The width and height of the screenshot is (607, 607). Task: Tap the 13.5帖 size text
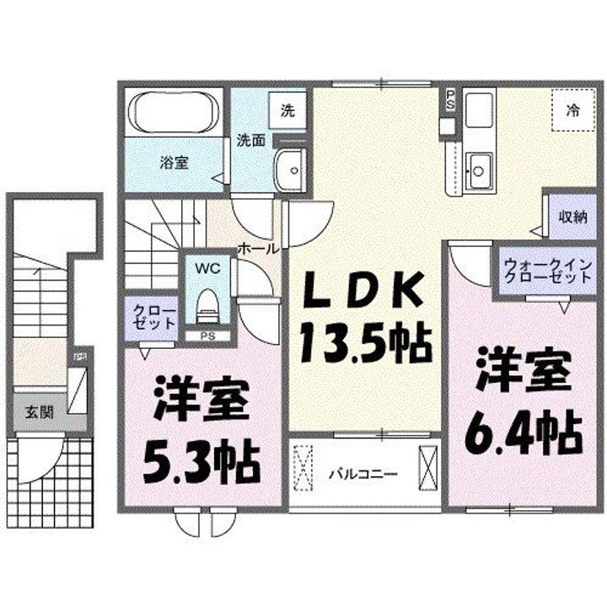(364, 341)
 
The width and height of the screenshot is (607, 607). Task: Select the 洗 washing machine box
(287, 110)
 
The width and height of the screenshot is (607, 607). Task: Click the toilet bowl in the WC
(207, 304)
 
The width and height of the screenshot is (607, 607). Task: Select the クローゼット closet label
(153, 319)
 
